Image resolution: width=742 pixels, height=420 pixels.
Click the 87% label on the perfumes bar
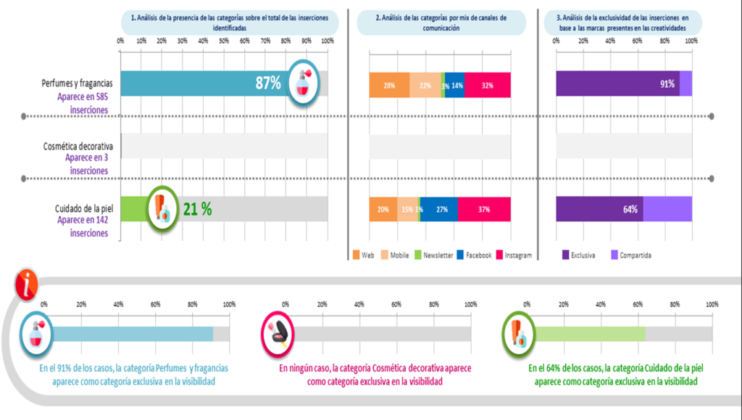click(x=268, y=83)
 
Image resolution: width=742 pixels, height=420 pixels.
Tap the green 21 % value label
click(x=196, y=209)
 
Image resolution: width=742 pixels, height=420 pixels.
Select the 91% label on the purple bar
click(x=667, y=84)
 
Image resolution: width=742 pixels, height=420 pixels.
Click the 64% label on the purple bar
click(x=630, y=210)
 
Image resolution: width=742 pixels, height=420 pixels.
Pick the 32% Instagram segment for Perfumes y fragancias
click(x=488, y=85)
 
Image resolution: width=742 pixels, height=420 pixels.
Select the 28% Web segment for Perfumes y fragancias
click(x=389, y=85)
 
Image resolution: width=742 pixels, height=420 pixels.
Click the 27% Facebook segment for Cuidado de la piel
click(x=438, y=209)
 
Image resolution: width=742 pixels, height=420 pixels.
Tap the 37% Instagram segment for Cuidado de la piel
click(x=484, y=209)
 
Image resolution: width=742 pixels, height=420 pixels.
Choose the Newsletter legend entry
click(x=434, y=255)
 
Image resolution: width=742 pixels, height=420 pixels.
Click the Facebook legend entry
click(x=474, y=255)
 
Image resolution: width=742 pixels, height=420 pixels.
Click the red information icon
click(x=28, y=286)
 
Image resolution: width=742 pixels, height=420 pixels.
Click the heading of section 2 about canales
click(x=442, y=22)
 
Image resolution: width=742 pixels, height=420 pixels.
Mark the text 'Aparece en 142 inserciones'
click(x=83, y=226)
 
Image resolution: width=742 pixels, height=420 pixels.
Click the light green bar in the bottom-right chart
click(x=589, y=334)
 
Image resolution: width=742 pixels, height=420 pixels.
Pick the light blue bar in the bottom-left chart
click(x=132, y=334)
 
